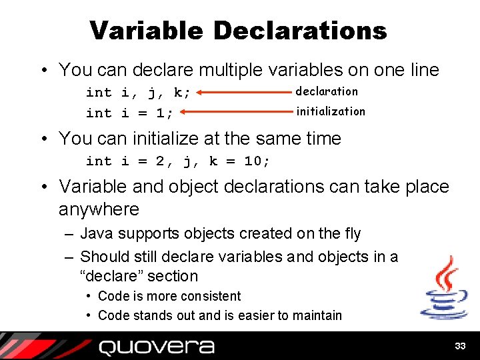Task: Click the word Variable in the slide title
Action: point(146,30)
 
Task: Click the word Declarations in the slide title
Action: point(300,30)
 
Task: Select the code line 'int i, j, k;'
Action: point(138,93)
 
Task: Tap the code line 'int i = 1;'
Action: point(129,113)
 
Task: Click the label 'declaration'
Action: point(327,91)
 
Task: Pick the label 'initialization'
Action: point(331,111)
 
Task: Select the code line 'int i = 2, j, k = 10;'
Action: point(178,161)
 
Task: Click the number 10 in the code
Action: point(255,161)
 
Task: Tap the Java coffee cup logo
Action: point(443,288)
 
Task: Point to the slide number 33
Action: point(459,346)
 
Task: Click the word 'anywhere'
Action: point(99,209)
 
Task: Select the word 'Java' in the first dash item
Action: point(95,233)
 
